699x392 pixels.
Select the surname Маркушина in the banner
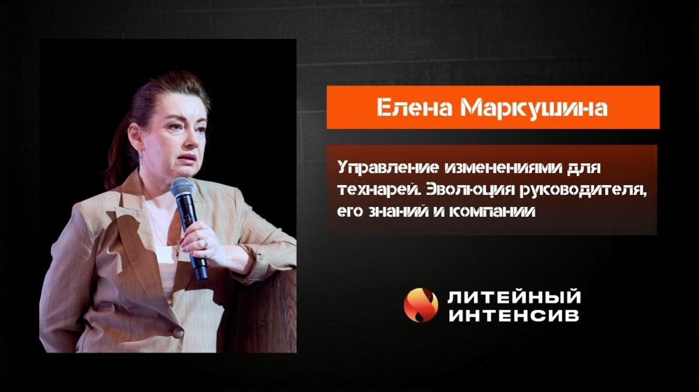point(533,108)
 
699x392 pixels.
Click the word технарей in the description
point(370,189)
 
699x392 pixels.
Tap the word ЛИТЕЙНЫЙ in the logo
point(514,298)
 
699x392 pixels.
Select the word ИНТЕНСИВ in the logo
point(514,316)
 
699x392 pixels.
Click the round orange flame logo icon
point(421,305)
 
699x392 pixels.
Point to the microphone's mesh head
point(181,187)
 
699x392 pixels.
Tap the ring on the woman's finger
point(205,244)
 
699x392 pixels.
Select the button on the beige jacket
point(178,332)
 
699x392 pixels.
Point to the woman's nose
point(185,143)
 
